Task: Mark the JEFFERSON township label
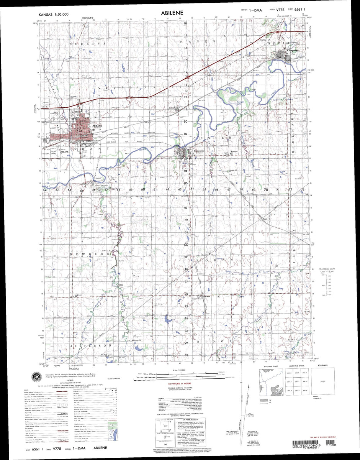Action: (x=91, y=345)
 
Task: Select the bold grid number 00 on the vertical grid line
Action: (x=186, y=245)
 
